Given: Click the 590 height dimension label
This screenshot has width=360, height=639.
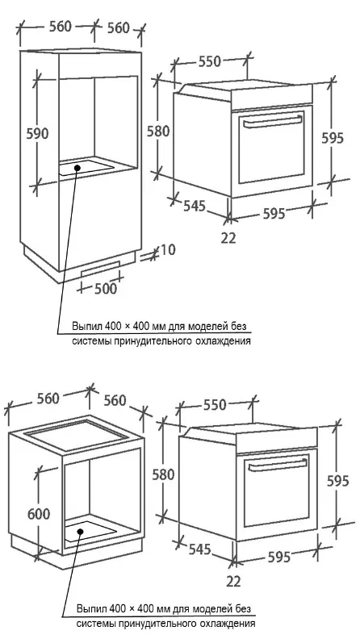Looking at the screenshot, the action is tap(37, 134).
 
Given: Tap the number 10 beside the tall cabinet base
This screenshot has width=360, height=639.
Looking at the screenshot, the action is tap(166, 249).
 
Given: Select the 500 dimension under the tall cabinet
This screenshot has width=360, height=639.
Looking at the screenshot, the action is tap(106, 289).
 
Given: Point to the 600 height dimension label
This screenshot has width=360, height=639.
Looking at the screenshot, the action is tap(39, 514).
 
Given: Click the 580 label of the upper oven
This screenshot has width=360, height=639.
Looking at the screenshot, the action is tap(158, 132).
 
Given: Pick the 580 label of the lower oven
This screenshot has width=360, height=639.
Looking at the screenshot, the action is tap(164, 474).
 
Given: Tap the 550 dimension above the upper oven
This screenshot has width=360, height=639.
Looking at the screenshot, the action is tap(210, 61).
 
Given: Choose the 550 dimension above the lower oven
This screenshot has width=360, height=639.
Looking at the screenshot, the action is tap(215, 405).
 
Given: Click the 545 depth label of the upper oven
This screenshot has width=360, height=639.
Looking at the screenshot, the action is tap(194, 206).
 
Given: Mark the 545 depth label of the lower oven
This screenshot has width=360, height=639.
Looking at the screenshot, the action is tap(199, 549).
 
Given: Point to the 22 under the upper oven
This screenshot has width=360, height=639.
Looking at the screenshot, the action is tap(228, 238).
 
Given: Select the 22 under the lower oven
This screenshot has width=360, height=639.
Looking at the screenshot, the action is tap(233, 582).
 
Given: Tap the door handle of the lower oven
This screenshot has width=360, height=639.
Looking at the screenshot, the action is tap(278, 465).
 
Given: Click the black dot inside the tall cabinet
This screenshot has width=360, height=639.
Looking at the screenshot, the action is tap(77, 167).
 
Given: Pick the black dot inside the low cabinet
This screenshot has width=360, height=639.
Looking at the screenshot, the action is tap(81, 532).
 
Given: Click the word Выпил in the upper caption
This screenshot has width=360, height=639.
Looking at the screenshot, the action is tap(87, 327).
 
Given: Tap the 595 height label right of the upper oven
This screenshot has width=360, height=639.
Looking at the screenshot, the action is tap(333, 138).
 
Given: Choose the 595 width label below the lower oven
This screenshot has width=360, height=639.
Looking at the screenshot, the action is tap(279, 557).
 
